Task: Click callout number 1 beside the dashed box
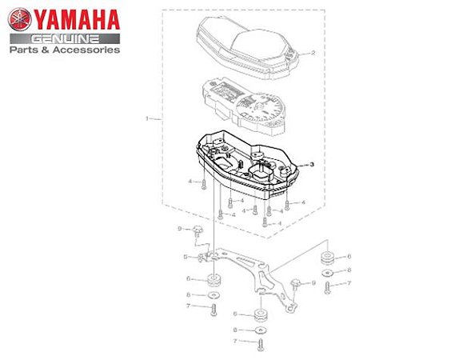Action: (x=147, y=118)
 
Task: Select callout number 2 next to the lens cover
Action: (x=313, y=53)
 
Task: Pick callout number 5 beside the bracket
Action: (x=186, y=257)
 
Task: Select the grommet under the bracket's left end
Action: (x=214, y=281)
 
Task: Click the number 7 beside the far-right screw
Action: (x=349, y=283)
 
